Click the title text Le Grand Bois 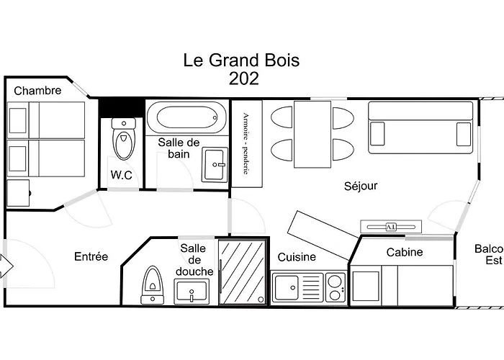pyautogui.click(x=241, y=60)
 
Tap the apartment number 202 pyautogui.click(x=243, y=79)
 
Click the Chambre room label pyautogui.click(x=37, y=91)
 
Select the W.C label pyautogui.click(x=125, y=174)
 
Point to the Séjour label pyautogui.click(x=361, y=186)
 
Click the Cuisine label pyautogui.click(x=297, y=256)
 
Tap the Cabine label pyautogui.click(x=405, y=252)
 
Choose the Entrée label pyautogui.click(x=91, y=256)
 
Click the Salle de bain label pyautogui.click(x=179, y=148)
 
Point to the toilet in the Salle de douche pyautogui.click(x=153, y=285)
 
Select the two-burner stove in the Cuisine pyautogui.click(x=335, y=288)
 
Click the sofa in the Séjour pyautogui.click(x=420, y=124)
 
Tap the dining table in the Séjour pyautogui.click(x=312, y=134)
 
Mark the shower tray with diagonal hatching pyautogui.click(x=242, y=272)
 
